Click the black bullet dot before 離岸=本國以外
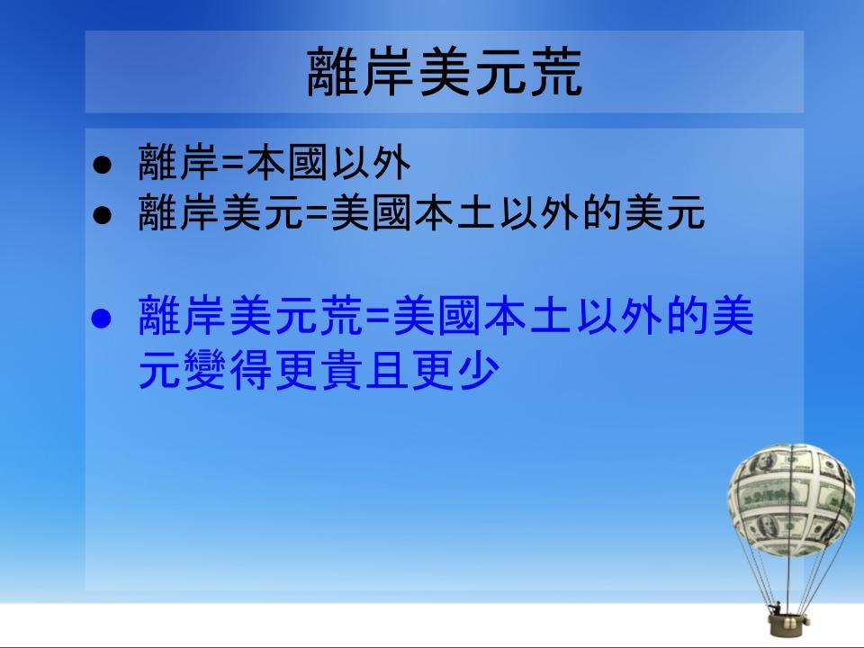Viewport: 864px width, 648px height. pyautogui.click(x=102, y=165)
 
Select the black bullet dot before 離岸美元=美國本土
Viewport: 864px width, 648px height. pyautogui.click(x=102, y=215)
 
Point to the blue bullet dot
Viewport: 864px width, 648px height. pyautogui.click(x=102, y=318)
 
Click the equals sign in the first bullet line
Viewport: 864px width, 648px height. pyautogui.click(x=232, y=164)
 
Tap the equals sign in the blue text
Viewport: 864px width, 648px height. pyautogui.click(x=378, y=318)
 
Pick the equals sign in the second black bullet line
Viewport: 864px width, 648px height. pyautogui.click(x=316, y=214)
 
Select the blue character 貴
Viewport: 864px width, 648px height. pyautogui.click(x=342, y=369)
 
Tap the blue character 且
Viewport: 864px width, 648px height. pyautogui.click(x=388, y=369)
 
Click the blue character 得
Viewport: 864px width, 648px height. pyautogui.click(x=251, y=369)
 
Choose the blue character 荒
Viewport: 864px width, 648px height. pyautogui.click(x=342, y=316)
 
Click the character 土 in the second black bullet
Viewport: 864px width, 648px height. pyautogui.click(x=475, y=212)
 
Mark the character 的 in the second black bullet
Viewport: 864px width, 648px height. pyautogui.click(x=602, y=212)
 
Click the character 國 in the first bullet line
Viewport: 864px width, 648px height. pyautogui.click(x=307, y=163)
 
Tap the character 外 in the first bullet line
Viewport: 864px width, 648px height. pyautogui.click(x=391, y=163)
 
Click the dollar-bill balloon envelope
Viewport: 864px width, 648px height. pyautogui.click(x=791, y=499)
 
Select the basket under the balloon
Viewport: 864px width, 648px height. pyautogui.click(x=788, y=625)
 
